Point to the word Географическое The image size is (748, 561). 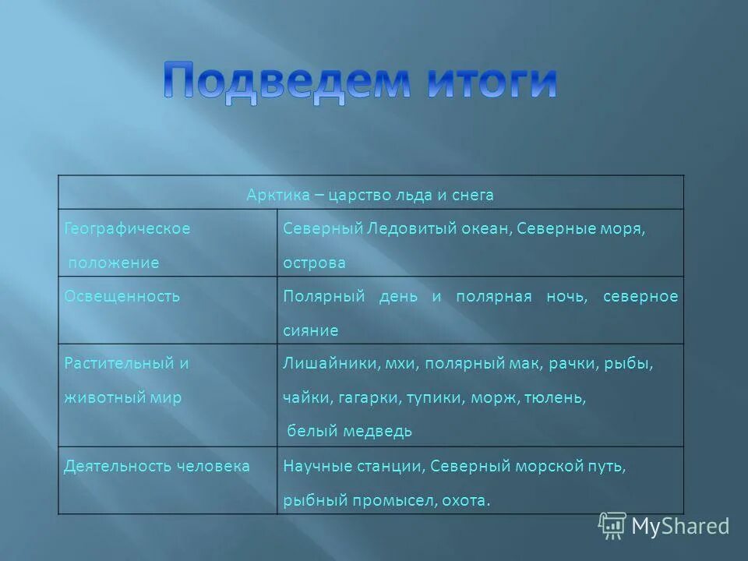(127, 229)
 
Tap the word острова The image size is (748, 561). (314, 263)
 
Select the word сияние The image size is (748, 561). (310, 330)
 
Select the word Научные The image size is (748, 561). (314, 466)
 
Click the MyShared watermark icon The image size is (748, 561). (612, 525)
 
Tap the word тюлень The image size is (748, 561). (554, 397)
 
